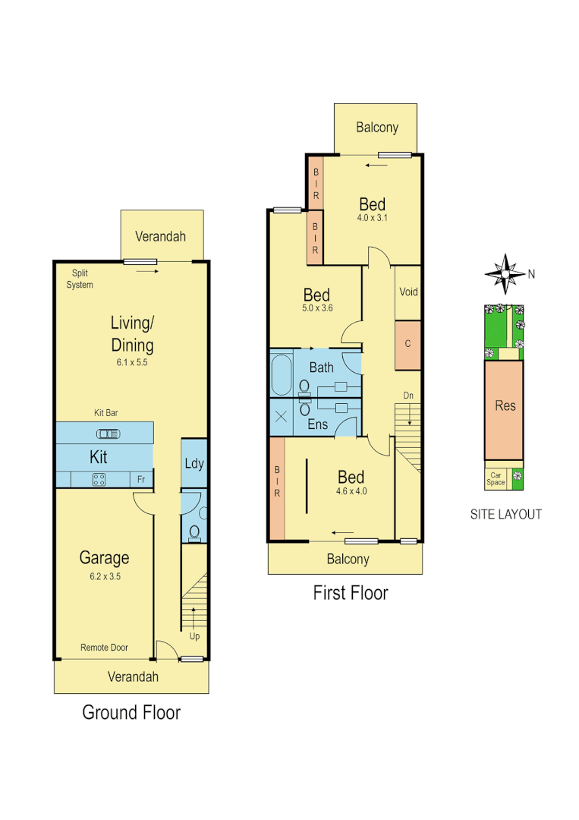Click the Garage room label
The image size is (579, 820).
pos(104,558)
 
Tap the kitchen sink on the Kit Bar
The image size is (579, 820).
pos(109,434)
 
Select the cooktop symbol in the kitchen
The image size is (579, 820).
pos(99,478)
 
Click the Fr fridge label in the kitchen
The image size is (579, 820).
pos(141,479)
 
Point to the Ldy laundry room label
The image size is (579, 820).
pos(194,463)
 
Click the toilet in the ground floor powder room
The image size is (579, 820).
pos(195,531)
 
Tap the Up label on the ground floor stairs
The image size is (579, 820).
pos(194,635)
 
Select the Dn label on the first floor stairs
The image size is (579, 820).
pos(408,396)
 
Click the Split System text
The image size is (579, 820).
pos(80,279)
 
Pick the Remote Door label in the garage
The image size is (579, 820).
pos(104,648)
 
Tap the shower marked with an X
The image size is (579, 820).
pos(281,417)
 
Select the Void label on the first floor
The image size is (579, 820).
pos(408,292)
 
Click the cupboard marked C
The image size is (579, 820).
pos(408,344)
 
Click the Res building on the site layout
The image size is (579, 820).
pos(505,405)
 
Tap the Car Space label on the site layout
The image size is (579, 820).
pos(496,478)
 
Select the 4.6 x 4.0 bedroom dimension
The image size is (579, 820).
pos(351,490)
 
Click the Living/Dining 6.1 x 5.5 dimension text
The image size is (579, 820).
pos(133,362)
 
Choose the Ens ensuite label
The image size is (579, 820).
pos(317,424)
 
